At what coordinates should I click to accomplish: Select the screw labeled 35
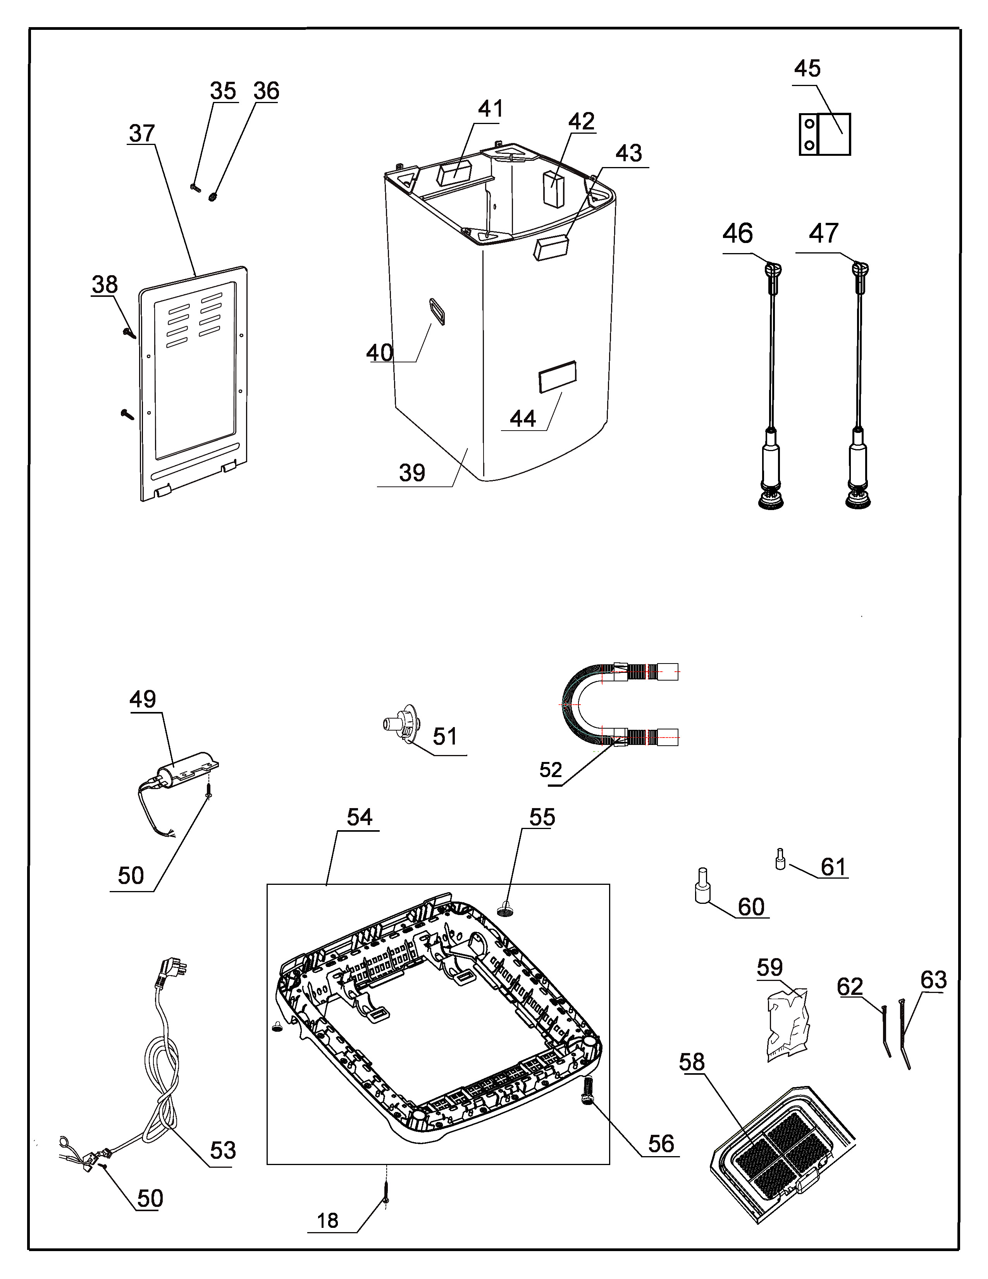coord(195,188)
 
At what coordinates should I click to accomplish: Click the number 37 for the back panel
coord(142,134)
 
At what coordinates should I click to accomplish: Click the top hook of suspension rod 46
coord(773,271)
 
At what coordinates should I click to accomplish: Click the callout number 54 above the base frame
coord(360,817)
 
